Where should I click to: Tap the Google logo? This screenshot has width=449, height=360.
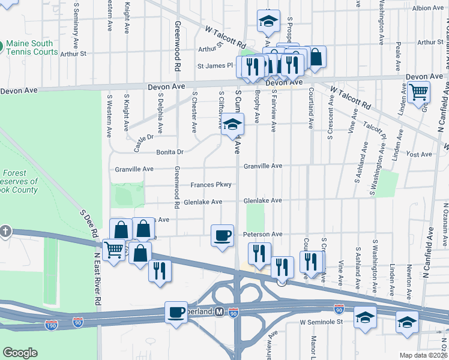(x=20, y=353)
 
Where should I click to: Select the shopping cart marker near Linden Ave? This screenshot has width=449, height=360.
(x=418, y=92)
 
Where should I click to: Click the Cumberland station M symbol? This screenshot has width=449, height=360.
(x=219, y=312)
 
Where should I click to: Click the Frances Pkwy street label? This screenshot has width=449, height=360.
(x=211, y=185)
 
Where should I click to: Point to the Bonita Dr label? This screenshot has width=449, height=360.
(x=170, y=152)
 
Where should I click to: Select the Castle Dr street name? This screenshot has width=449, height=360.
(x=144, y=142)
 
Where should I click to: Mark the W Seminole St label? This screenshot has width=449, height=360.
(x=321, y=322)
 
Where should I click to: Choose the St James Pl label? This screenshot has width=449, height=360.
(x=215, y=65)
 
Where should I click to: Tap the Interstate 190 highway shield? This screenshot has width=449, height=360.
(x=52, y=325)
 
